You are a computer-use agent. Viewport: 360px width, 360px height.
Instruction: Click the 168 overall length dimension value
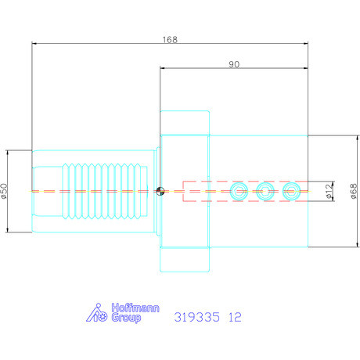tap(170, 38)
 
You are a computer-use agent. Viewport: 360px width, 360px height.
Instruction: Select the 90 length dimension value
tap(234, 64)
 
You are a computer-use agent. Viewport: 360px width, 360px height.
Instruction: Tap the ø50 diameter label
tap(5, 190)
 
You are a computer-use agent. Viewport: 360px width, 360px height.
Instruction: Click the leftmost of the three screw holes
tap(239, 190)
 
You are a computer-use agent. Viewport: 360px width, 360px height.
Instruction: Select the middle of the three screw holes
tap(266, 190)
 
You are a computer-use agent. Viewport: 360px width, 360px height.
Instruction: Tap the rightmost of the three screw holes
tap(292, 190)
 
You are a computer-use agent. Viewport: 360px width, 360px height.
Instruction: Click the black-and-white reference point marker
tap(160, 190)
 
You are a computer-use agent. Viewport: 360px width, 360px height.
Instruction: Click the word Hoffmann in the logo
tap(126, 308)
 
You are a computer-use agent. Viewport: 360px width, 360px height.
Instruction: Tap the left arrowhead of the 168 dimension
tap(34, 43)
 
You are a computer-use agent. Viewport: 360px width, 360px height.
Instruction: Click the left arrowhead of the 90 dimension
tap(162, 69)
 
